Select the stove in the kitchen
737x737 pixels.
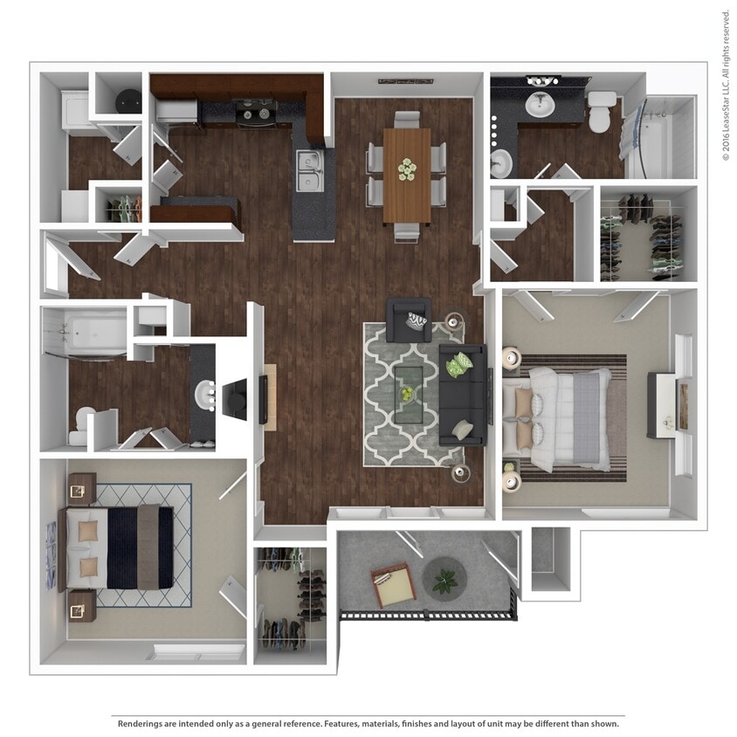coord(254,112)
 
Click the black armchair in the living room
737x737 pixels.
coord(410,320)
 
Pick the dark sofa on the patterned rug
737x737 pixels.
coord(463,394)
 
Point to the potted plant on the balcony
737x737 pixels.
coord(445,579)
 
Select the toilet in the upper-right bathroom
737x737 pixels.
coord(602,113)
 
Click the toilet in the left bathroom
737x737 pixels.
coord(81,422)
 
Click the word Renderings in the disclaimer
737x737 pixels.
coord(142,724)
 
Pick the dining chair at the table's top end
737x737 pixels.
coord(406,120)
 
